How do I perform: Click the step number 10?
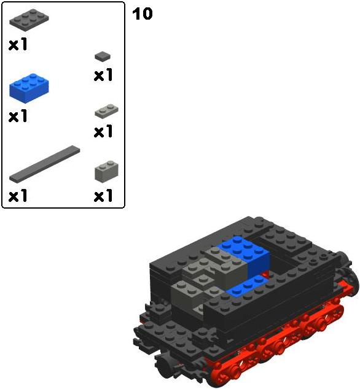[143, 14]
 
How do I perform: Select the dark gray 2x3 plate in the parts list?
[29, 20]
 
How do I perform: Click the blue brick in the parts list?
[29, 88]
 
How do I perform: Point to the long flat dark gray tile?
[45, 164]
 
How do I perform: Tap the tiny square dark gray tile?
[103, 56]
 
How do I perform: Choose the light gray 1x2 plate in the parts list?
[106, 112]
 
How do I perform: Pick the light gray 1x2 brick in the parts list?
[106, 172]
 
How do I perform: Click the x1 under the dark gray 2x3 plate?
[18, 44]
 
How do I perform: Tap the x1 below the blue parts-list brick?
[18, 116]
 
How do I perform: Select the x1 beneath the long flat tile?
[18, 195]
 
